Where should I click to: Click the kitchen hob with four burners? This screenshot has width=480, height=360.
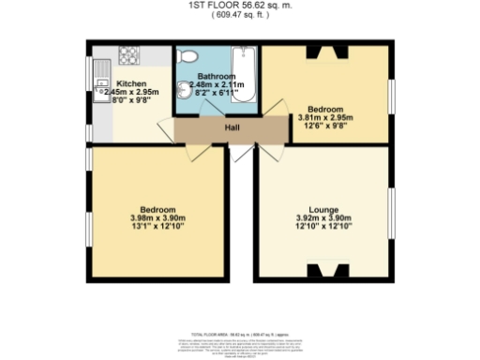point(128,55)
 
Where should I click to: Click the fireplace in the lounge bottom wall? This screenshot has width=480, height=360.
point(327,272)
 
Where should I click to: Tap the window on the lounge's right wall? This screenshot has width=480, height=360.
point(392,212)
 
